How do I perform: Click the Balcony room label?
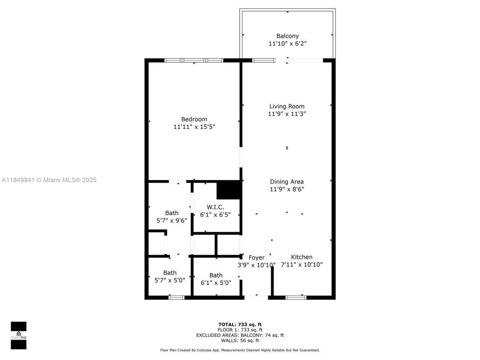click(x=287, y=36)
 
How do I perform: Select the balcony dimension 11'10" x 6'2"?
click(x=287, y=43)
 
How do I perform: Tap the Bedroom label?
click(x=194, y=119)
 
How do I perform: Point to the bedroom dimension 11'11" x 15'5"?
click(x=194, y=127)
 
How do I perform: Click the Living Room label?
click(x=286, y=106)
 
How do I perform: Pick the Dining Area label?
click(x=286, y=182)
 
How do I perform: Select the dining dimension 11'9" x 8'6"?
click(x=286, y=189)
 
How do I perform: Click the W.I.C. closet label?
click(x=215, y=207)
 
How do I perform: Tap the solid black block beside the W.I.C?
click(x=228, y=190)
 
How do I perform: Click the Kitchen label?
click(x=301, y=257)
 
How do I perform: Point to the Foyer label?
click(x=256, y=258)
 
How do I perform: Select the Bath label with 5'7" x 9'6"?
click(x=172, y=213)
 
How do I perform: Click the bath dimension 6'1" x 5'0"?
click(x=216, y=283)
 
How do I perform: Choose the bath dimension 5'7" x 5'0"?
click(x=169, y=280)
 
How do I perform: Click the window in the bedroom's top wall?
click(x=194, y=60)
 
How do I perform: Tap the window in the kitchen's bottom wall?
click(x=296, y=298)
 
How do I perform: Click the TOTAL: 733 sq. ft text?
click(x=240, y=325)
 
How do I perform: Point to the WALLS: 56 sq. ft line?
click(x=240, y=340)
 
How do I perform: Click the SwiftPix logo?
click(x=18, y=335)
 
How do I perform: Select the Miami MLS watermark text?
click(x=49, y=180)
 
